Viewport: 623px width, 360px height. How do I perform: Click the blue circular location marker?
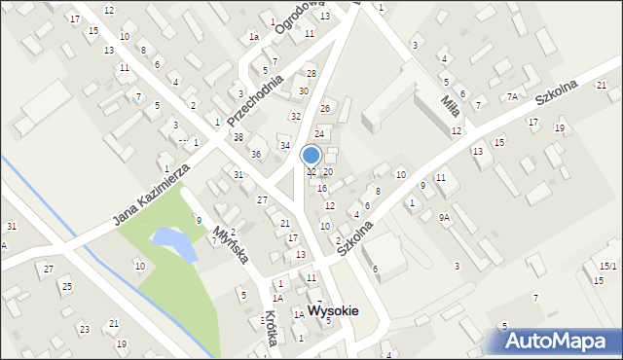pos(311,155)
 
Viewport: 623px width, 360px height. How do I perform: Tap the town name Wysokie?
pos(333,311)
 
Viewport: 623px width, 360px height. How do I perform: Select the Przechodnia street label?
pos(254,90)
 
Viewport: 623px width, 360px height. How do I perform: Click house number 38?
pos(238,137)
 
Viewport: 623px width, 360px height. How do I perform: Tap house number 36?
pos(256,154)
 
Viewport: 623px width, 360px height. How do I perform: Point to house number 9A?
pos(444,218)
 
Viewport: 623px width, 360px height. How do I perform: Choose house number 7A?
pos(512,96)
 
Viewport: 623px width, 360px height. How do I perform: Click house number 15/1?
pos(607,266)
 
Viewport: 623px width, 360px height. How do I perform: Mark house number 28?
pos(311,74)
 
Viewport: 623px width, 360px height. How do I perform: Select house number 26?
pos(325,108)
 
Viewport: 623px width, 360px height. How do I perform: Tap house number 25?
pos(66,286)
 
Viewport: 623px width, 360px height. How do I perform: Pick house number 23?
pos(85,330)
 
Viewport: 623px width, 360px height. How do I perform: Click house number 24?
pos(318,132)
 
